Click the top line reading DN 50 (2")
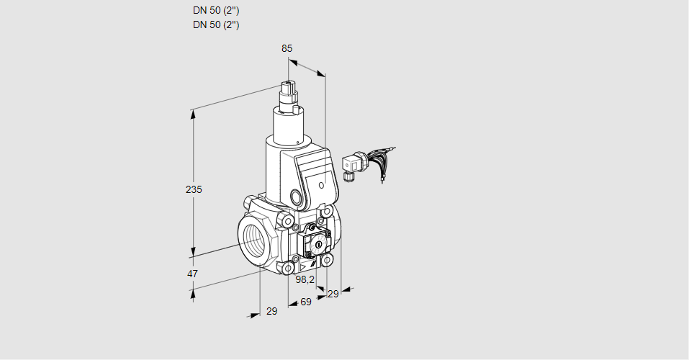(216, 11)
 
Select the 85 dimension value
(287, 48)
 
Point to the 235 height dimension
(194, 189)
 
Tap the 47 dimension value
(192, 274)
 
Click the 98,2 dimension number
(305, 279)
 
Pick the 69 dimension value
(305, 302)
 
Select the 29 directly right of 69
(333, 294)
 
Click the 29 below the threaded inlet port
(272, 311)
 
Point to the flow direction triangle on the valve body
(303, 266)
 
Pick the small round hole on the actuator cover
(321, 185)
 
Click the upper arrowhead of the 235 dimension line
(193, 114)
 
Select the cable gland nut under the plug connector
(348, 176)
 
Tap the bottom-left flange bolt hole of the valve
(288, 268)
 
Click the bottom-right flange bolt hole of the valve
(326, 260)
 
